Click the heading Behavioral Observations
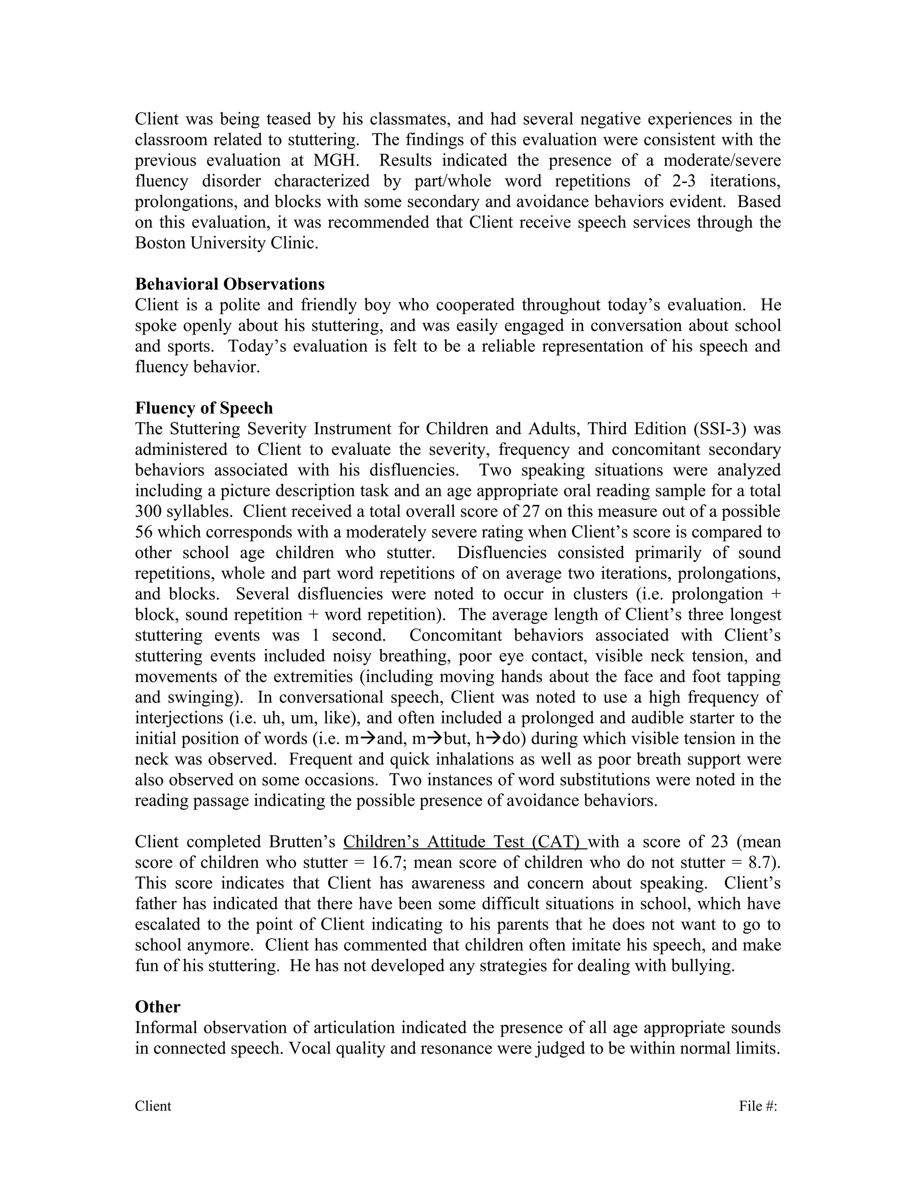229,284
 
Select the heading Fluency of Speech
204,407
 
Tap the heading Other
157,1007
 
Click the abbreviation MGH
333,160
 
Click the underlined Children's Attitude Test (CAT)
465,842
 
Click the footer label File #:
758,1106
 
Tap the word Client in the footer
153,1106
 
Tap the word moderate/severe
722,160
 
